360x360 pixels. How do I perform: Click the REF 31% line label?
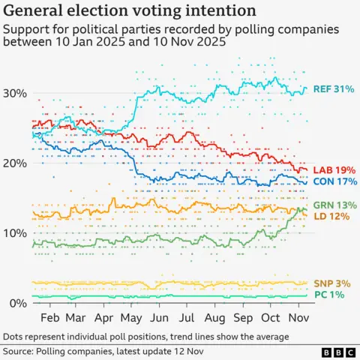pyautogui.click(x=333, y=89)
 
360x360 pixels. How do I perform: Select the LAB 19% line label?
pyautogui.click(x=333, y=169)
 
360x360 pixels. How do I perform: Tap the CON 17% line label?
pyautogui.click(x=333, y=181)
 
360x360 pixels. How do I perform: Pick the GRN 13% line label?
pyautogui.click(x=333, y=205)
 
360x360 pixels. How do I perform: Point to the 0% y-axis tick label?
pyautogui.click(x=20, y=303)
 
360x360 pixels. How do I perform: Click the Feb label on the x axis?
pyautogui.click(x=49, y=318)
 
